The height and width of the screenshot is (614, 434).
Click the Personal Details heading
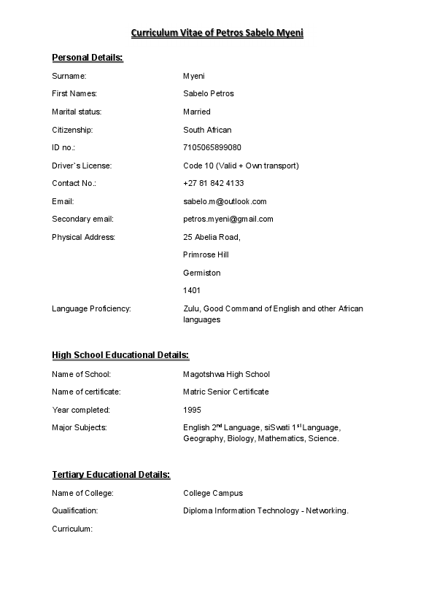point(88,58)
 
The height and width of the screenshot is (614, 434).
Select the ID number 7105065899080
point(212,147)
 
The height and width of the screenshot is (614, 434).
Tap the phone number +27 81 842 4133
point(214,183)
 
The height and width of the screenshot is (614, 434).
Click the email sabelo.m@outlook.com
point(225,201)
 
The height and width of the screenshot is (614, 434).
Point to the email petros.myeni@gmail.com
point(228,219)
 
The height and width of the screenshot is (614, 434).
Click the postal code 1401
point(192,290)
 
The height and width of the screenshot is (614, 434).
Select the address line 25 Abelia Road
point(212,237)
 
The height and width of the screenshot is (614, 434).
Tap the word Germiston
point(202,273)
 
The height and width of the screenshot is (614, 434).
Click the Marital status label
point(77,112)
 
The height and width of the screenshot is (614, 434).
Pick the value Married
point(197,112)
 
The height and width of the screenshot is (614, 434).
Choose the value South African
point(207,130)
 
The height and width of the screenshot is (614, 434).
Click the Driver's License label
point(82,166)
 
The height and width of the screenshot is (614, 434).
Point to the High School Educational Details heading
point(120,355)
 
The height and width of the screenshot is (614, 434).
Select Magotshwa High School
point(226,374)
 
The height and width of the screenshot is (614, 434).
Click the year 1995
point(192,410)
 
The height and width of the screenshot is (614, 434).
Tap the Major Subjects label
point(80,427)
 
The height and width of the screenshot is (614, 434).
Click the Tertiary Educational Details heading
point(111,475)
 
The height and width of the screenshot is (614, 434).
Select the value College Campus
point(213,493)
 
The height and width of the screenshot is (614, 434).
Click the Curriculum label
point(72,529)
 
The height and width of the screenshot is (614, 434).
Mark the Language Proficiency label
point(91,308)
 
